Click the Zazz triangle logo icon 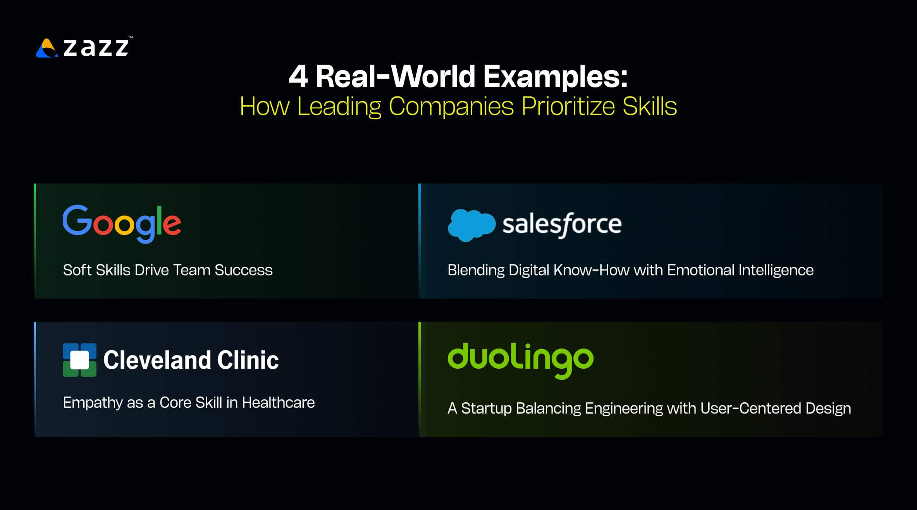[x=47, y=48]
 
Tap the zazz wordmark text [x=96, y=47]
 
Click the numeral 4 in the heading [x=298, y=76]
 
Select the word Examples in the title [x=555, y=77]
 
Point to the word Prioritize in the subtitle [x=568, y=106]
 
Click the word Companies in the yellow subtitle [x=451, y=106]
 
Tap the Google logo [x=122, y=223]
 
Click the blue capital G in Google [x=77, y=220]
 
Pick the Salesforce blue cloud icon [x=471, y=225]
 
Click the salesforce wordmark [x=562, y=225]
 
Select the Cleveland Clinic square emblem [x=79, y=360]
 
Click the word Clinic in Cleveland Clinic [x=248, y=360]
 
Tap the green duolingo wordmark [x=520, y=360]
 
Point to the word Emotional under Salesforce [x=700, y=270]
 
